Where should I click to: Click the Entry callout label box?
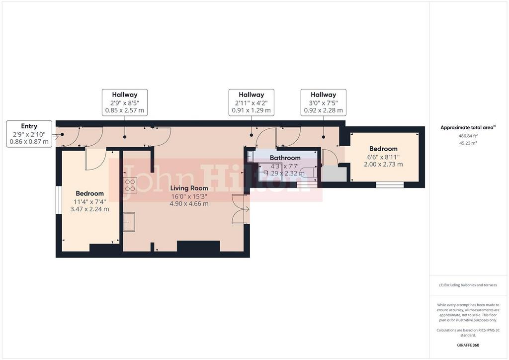tap(29, 134)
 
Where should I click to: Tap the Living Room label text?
tap(189, 188)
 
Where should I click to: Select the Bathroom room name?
tap(285, 158)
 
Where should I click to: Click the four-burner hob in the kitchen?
tap(130, 185)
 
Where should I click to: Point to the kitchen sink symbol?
tap(129, 222)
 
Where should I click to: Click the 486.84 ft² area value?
tap(468, 136)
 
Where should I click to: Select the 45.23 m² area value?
tap(468, 143)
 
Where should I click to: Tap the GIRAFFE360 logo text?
tap(468, 345)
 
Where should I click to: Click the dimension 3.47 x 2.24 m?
tap(89, 209)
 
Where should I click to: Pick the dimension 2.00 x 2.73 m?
tap(383, 164)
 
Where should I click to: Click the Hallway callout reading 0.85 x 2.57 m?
tap(125, 102)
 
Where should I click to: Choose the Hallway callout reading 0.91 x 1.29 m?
tap(251, 102)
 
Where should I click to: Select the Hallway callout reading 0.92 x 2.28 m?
tap(323, 102)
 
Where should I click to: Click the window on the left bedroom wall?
tap(59, 200)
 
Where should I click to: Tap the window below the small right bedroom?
tap(390, 184)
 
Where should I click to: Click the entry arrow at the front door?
tap(56, 137)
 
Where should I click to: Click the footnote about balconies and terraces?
tap(468, 285)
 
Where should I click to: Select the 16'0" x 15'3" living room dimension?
tap(189, 196)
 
